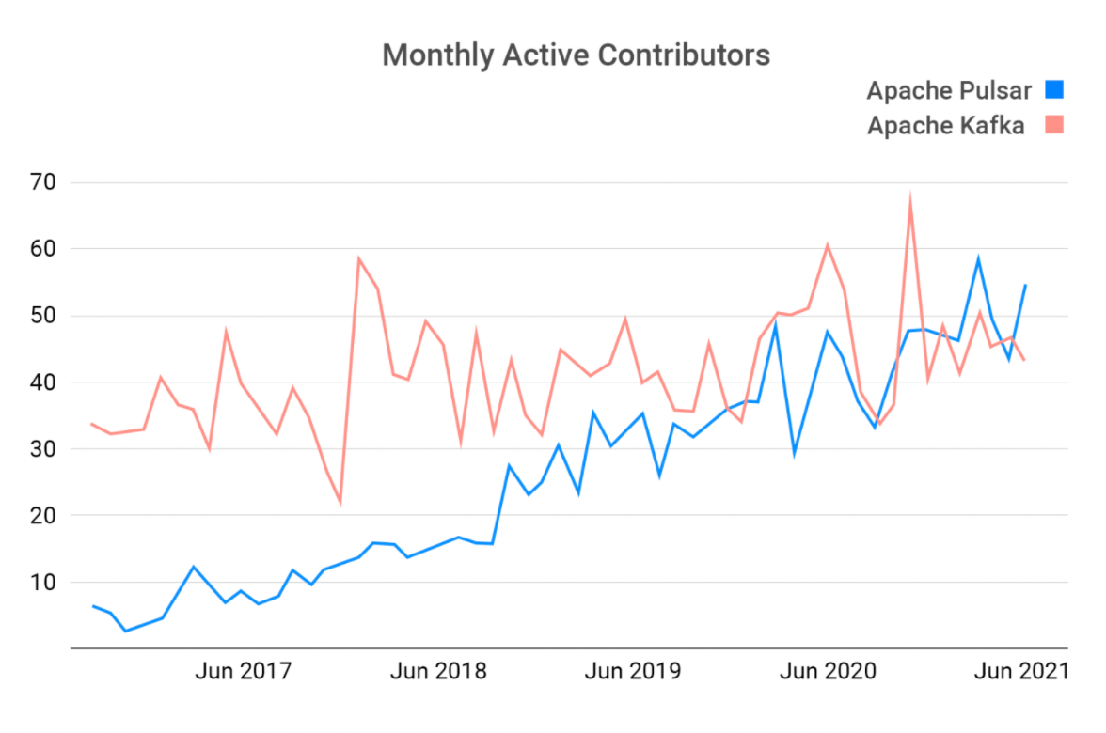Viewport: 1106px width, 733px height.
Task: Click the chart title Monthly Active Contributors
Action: pos(576,55)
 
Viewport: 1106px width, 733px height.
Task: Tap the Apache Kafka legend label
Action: pos(945,126)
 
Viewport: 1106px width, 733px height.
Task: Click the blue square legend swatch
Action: pos(1054,90)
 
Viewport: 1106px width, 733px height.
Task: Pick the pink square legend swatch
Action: pos(1054,125)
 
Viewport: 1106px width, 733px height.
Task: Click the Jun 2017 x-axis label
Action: pos(243,672)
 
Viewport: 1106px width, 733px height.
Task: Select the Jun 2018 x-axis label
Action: pos(438,672)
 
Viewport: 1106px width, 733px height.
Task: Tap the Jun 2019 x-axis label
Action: pos(632,672)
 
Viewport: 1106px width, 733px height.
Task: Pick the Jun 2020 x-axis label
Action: pos(829,672)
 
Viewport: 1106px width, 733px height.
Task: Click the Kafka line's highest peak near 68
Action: pos(910,197)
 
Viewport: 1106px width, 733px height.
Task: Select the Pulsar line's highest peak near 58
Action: pos(978,258)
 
